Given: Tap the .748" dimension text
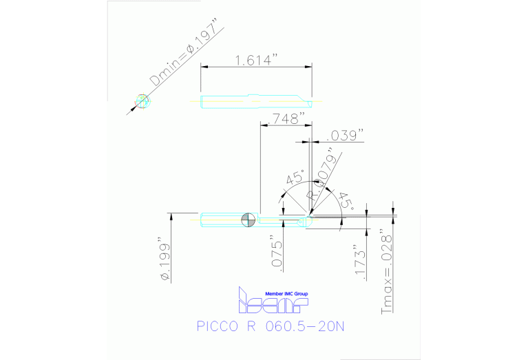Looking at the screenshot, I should pos(283,118).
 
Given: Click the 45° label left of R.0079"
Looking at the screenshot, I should pos(295,178).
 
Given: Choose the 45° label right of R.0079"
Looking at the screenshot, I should pos(345,200).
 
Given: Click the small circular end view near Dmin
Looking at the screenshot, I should pos(142,101).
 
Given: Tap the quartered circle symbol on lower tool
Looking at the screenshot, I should pos(249,220).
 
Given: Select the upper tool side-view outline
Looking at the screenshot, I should pos(255,101).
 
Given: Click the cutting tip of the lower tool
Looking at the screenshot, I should pos(309,219).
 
